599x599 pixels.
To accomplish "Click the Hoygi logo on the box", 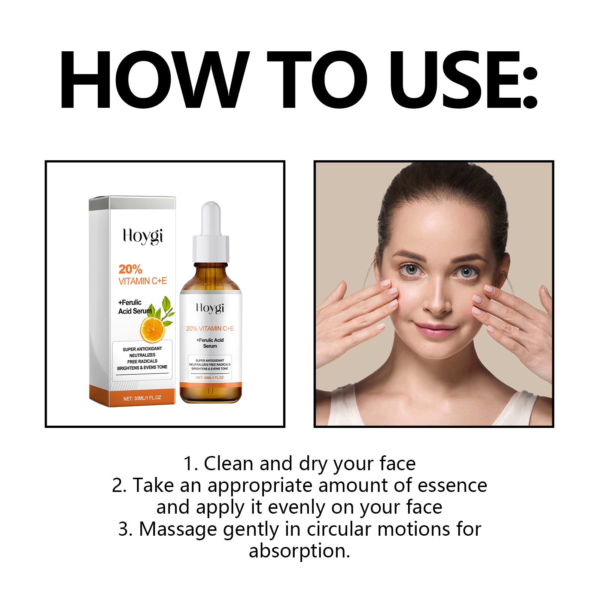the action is point(143,237).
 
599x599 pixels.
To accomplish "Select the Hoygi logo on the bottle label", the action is point(210,308).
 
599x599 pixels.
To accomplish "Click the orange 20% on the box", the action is point(130,269).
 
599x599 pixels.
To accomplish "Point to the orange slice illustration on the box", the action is point(152,329).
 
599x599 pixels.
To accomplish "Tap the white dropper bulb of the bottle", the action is point(210,219).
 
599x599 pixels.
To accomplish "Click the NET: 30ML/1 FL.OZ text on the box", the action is point(142,398).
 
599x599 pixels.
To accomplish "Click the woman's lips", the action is point(435,329).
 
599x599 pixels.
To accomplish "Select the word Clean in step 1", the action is point(228,463).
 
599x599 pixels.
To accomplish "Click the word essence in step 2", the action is point(452,486).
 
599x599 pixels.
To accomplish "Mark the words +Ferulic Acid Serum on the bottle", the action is point(210,343).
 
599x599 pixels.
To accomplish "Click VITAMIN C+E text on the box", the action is point(143,281).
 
